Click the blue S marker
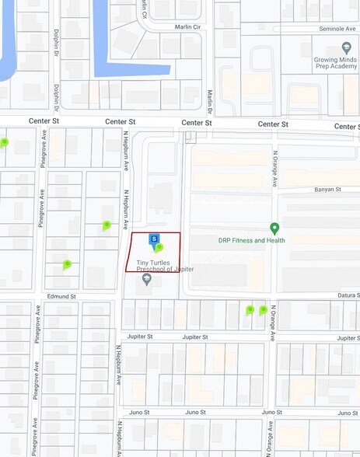pos(154,239)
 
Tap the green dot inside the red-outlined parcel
pos(159,248)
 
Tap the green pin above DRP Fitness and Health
pos(274,228)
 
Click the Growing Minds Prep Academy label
pos(335,64)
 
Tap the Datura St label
pos(348,295)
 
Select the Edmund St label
pos(61,296)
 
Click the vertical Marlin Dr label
pos(210,100)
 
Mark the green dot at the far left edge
pos(4,142)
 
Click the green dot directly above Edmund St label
pos(67,264)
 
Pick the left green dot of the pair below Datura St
pos(250,310)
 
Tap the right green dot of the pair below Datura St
pos(263,310)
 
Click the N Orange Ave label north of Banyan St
pos(274,169)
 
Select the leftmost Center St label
pos(44,121)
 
